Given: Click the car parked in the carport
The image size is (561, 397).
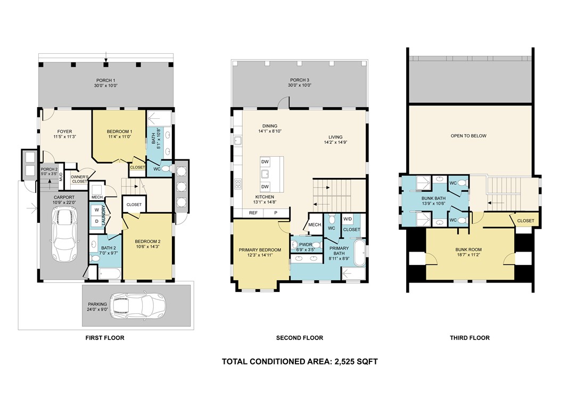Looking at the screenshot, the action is pos(65,234).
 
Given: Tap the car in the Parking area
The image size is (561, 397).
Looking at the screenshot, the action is pos(137,306).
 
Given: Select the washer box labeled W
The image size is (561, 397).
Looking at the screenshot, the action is pos(96,210).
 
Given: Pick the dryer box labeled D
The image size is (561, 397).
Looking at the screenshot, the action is pos(96,222).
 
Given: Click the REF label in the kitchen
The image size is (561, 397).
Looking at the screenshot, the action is pos(253,213).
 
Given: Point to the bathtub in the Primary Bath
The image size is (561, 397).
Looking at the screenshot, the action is pos(360,253).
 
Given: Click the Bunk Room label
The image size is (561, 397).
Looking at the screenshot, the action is pos(468,249).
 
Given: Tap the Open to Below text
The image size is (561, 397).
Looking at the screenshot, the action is pos(468,136).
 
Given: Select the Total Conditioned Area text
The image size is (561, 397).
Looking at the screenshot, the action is pos(300,361).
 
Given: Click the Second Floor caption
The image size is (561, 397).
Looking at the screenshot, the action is pos(300,338).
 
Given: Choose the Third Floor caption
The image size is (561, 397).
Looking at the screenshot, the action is pos(470,338).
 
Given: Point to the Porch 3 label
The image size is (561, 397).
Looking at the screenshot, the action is pos(300,80).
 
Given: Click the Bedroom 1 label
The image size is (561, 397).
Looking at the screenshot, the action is pos(120,132).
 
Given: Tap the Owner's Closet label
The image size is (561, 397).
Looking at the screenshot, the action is pos(79,179).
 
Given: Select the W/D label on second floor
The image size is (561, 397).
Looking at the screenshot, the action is pos(348,219).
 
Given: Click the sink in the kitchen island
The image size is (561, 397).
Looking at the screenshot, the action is pos(265,174).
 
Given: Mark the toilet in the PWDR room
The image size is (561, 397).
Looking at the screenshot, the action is pos(316,245).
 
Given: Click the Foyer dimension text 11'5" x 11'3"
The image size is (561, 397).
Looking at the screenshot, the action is pos(65,136).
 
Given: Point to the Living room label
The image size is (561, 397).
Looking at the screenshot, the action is pos(336,137).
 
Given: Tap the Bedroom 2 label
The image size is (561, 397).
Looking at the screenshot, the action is pos(147,241).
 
